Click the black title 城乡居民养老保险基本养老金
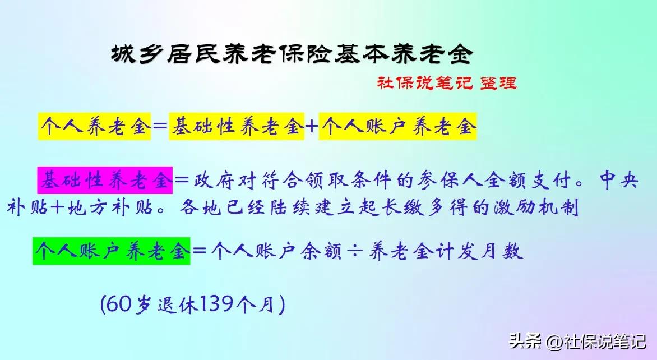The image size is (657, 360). click(292, 54)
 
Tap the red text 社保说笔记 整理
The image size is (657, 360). click(447, 82)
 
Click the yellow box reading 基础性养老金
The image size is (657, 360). click(237, 126)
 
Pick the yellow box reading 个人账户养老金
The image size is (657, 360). click(397, 126)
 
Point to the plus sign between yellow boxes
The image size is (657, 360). click(311, 126)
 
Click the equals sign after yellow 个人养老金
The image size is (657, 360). click(160, 126)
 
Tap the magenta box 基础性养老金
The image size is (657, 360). click(105, 180)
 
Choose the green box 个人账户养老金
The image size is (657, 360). click(112, 251)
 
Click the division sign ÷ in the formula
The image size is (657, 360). click(355, 251)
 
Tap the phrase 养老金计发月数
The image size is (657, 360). click(446, 251)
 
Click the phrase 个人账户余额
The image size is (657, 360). click(276, 251)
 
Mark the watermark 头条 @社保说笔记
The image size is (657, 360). click(577, 341)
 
